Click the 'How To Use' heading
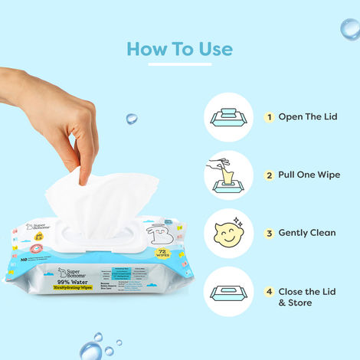pyautogui.click(x=179, y=49)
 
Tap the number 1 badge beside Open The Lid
pyautogui.click(x=269, y=117)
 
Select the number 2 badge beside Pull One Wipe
pyautogui.click(x=269, y=175)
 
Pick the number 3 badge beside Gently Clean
pyautogui.click(x=269, y=232)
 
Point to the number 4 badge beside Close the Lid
pyautogui.click(x=269, y=291)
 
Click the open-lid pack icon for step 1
pyautogui.click(x=228, y=117)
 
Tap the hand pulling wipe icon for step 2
pyautogui.click(x=228, y=175)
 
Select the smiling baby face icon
pyautogui.click(x=228, y=232)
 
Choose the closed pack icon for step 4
pyautogui.click(x=228, y=291)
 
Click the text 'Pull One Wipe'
pyautogui.click(x=311, y=175)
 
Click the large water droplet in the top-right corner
pyautogui.click(x=350, y=28)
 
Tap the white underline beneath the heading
pyautogui.click(x=179, y=64)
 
